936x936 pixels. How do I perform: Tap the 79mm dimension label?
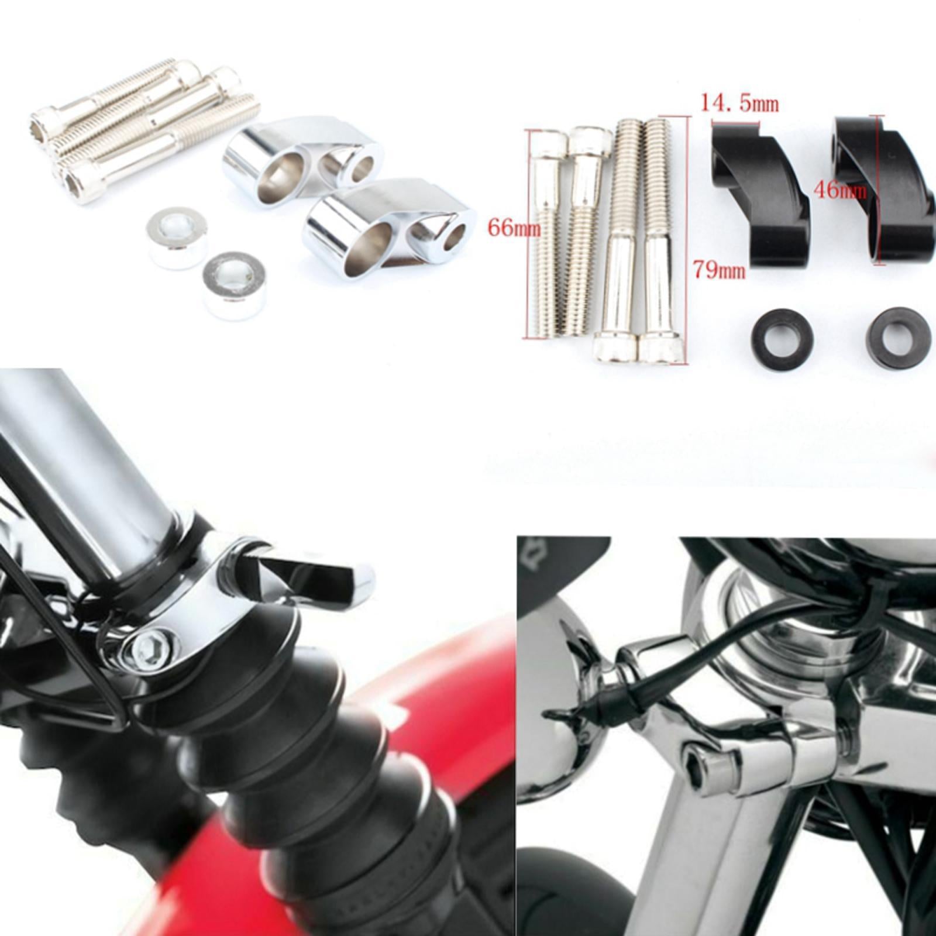coord(719,270)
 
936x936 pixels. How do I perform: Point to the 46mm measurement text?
coord(841,190)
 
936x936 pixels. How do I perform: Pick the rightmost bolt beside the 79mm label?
coord(659,242)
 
